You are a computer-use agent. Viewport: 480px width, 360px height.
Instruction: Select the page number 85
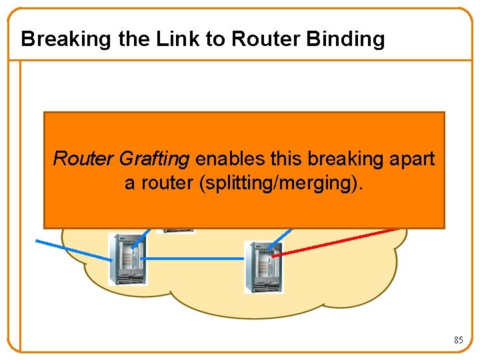point(458,340)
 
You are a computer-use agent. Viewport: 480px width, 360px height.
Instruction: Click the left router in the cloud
point(126,259)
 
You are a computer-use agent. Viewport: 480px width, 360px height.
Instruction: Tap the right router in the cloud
point(263,267)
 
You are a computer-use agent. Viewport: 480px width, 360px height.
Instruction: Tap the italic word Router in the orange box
point(85,159)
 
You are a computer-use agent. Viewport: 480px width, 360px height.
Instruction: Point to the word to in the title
point(215,39)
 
